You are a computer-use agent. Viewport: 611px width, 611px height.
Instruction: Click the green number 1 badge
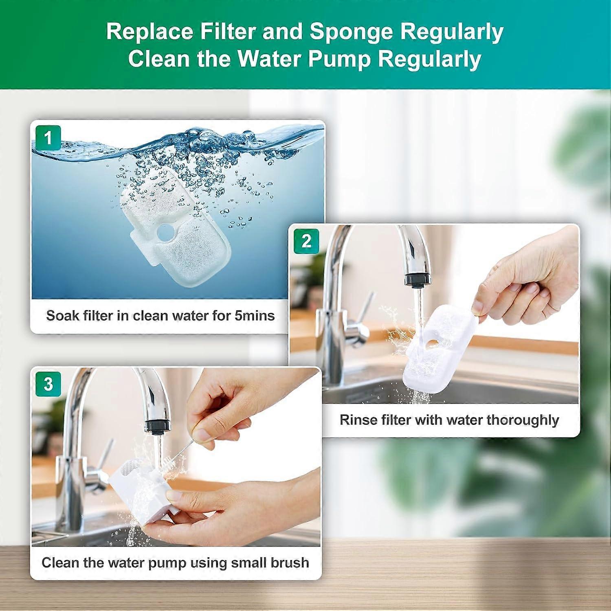48,138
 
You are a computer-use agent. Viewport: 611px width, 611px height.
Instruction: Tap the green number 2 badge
306,241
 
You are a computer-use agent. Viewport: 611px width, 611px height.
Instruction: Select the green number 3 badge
48,384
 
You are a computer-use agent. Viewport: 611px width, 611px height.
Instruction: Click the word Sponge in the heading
352,31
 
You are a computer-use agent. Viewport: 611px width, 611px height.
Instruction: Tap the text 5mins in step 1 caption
255,316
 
